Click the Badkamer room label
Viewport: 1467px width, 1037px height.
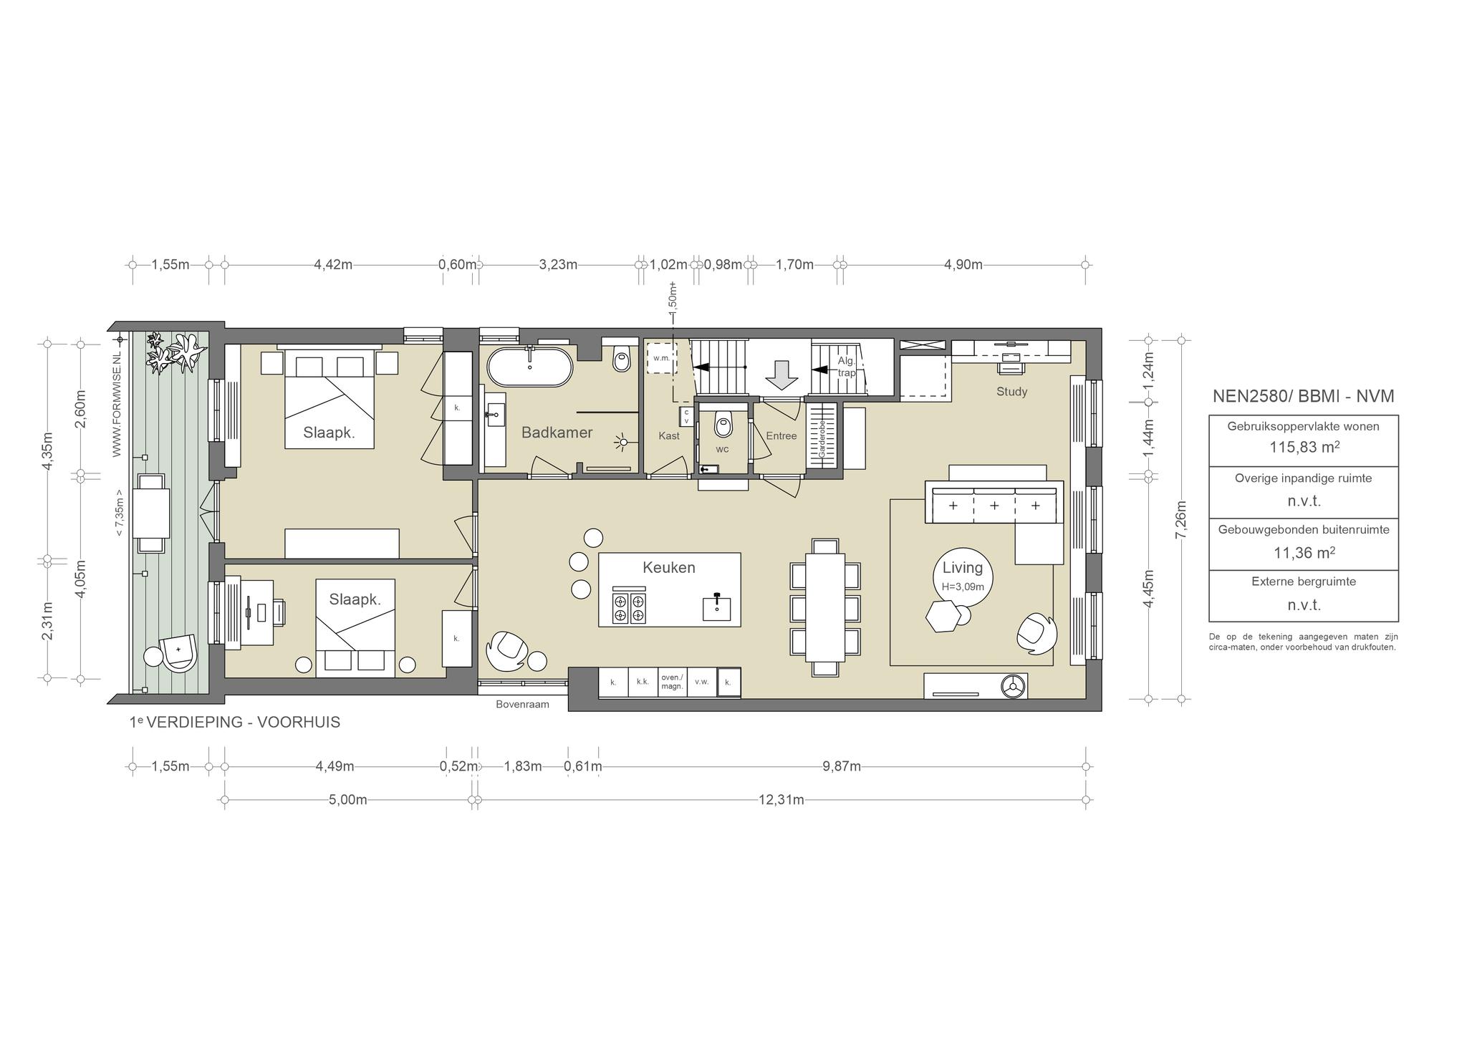click(x=557, y=433)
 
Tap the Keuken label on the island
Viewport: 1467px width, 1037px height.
click(x=668, y=568)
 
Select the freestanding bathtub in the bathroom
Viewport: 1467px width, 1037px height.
click(x=530, y=367)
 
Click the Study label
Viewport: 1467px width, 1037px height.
click(x=1011, y=392)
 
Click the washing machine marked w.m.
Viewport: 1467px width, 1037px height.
click(x=661, y=357)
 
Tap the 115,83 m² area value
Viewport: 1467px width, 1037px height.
click(x=1304, y=447)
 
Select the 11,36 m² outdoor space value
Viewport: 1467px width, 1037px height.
click(x=1304, y=552)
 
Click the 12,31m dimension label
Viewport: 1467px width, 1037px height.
click(x=781, y=800)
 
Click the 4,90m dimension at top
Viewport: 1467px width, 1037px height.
click(x=963, y=265)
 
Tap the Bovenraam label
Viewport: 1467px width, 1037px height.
click(x=522, y=705)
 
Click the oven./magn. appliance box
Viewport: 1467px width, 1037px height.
click(x=672, y=682)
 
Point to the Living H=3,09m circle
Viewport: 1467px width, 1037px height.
click(x=963, y=576)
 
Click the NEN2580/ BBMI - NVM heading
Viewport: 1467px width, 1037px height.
click(x=1303, y=396)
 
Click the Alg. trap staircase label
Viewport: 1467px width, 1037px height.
click(x=847, y=367)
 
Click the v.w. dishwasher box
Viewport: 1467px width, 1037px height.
click(x=701, y=682)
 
